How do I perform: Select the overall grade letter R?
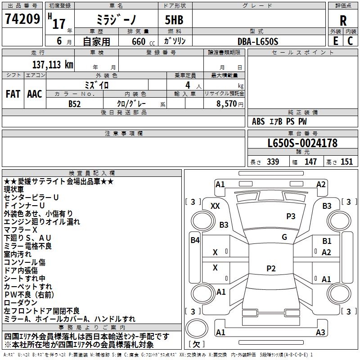[343, 21]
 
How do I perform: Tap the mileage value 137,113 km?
[53, 64]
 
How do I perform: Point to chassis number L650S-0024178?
[302, 144]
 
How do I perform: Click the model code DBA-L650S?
[258, 41]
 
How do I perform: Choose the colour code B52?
[75, 103]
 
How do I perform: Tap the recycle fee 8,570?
[226, 103]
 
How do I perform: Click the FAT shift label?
[13, 94]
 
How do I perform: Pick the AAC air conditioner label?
[35, 94]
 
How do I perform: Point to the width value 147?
[310, 162]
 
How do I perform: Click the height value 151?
[346, 162]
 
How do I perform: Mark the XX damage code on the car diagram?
[216, 206]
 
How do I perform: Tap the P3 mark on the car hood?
[291, 216]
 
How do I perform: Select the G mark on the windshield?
[284, 237]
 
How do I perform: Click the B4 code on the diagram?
[195, 240]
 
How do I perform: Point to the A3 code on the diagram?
[320, 333]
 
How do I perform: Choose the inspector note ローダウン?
[21, 303]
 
